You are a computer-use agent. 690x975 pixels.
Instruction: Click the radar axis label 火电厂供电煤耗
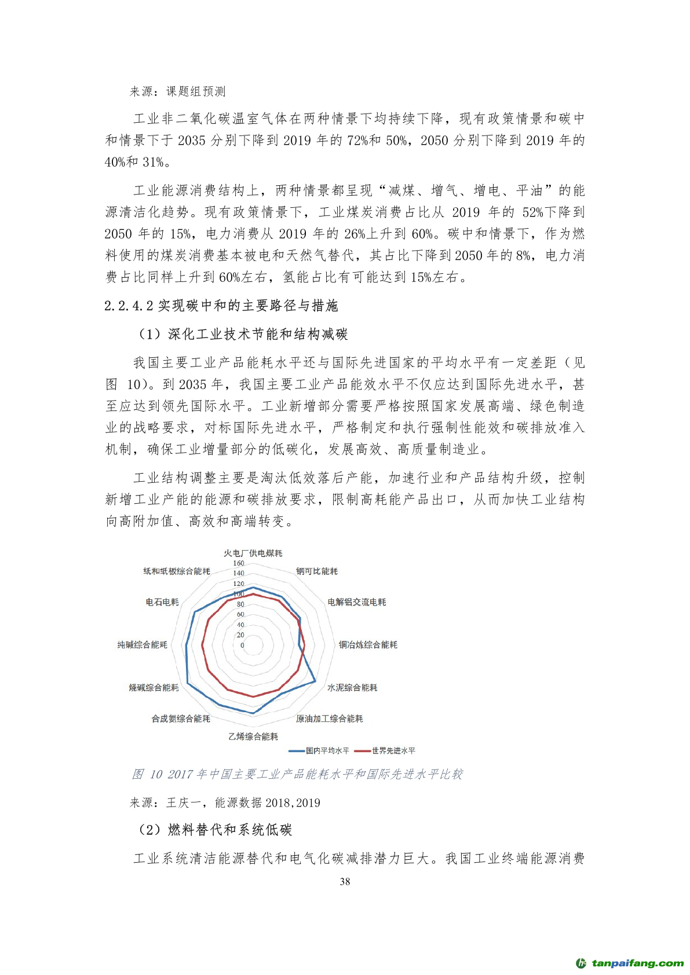coord(253,553)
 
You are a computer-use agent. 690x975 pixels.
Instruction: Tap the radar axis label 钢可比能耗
coord(316,571)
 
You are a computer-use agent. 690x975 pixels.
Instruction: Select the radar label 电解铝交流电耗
coord(356,602)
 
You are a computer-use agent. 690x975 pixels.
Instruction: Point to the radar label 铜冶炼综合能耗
coord(368,644)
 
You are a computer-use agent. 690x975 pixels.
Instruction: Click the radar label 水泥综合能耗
coord(352,687)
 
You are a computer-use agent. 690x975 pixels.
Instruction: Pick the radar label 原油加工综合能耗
coord(329,719)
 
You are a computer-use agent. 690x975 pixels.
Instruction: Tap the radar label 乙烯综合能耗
coord(253,736)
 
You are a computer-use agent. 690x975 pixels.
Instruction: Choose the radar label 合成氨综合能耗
coord(181,719)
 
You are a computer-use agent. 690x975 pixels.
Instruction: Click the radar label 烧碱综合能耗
coord(154,687)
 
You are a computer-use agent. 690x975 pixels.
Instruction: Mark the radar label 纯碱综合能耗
coord(142,644)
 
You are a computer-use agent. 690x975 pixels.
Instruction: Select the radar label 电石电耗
coord(162,602)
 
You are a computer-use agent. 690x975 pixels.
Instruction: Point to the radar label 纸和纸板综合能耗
coord(177,571)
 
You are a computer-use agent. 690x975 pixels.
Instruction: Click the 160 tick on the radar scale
coord(239,563)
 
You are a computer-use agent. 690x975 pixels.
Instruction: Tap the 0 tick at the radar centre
coord(242,645)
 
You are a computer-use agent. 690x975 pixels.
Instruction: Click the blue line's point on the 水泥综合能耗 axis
coord(315,681)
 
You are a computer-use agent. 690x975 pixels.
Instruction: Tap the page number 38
coord(345,881)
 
